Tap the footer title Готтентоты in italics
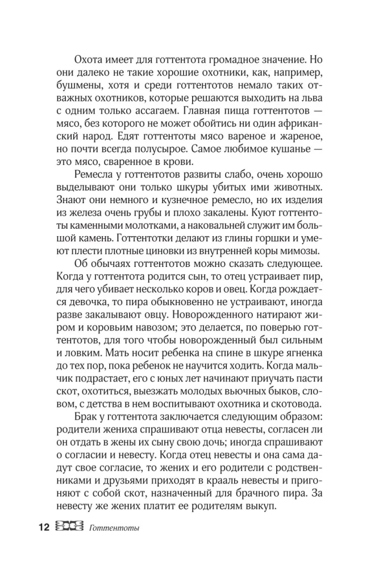tap(115, 527)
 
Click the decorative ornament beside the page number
tap(69, 526)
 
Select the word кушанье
tap(276, 149)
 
